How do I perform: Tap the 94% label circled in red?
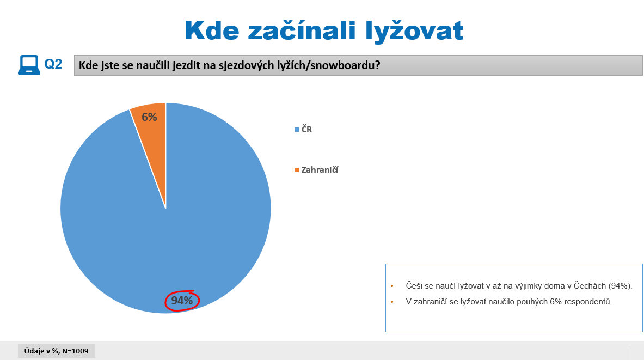point(182,301)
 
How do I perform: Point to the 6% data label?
point(149,117)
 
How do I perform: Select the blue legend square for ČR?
point(297,130)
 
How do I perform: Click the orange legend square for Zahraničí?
point(297,170)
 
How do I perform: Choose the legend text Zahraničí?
point(320,170)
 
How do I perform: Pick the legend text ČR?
point(307,130)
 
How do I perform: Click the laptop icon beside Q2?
point(29,65)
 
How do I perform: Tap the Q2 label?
point(53,64)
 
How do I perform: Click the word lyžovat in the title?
point(414,31)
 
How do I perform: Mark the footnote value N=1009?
point(75,351)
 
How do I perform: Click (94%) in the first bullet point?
point(620,286)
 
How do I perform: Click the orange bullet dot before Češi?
point(392,286)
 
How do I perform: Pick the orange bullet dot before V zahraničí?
point(392,302)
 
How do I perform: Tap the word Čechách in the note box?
point(590,285)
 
